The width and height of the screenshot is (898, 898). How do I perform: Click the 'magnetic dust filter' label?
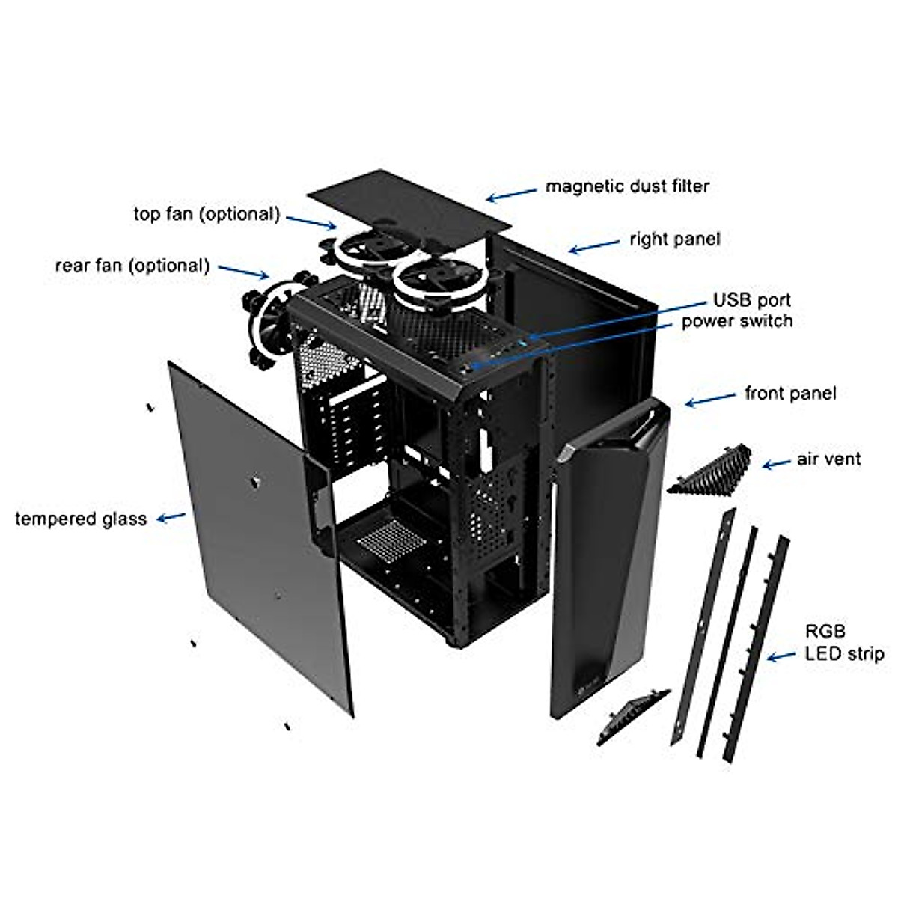(627, 186)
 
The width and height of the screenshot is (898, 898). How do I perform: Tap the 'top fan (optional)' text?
(207, 214)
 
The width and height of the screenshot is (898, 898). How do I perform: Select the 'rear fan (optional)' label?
(132, 266)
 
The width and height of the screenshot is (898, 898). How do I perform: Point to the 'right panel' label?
(674, 239)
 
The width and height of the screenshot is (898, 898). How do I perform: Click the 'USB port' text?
(751, 300)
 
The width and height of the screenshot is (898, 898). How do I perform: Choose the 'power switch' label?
(736, 321)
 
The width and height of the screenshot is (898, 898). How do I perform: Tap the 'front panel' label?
(790, 393)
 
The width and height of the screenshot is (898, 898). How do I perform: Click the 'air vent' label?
(828, 459)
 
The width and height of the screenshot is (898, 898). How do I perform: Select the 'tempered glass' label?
(81, 519)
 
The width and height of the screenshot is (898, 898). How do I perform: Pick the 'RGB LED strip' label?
(843, 643)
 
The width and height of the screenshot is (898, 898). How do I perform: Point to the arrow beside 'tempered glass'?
(174, 516)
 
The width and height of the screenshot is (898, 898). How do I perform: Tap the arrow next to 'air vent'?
(777, 463)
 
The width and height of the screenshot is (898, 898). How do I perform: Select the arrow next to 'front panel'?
(709, 399)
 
